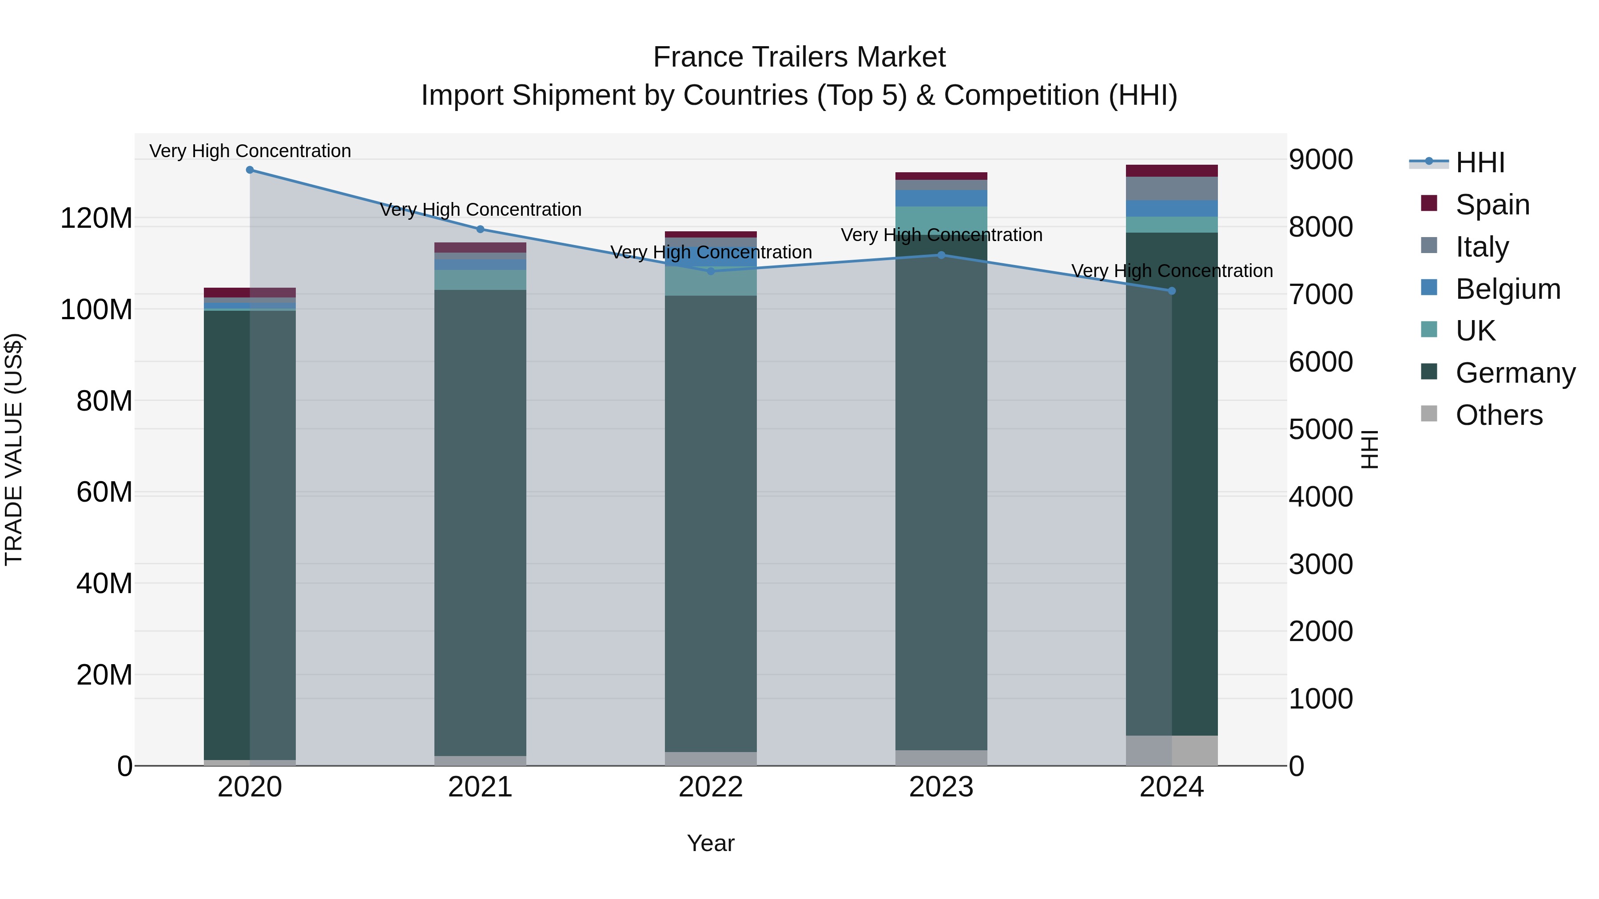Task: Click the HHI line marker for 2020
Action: coord(250,170)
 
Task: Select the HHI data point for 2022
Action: coord(711,271)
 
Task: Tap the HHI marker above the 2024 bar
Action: coord(1171,291)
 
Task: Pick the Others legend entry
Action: coord(1499,415)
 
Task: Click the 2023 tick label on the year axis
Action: coord(941,787)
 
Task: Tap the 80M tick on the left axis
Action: coord(104,401)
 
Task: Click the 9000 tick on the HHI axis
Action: coord(1321,159)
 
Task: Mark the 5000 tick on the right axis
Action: coord(1321,429)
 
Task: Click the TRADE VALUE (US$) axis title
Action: coord(14,449)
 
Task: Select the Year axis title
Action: coord(711,843)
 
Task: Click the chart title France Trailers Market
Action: coord(799,57)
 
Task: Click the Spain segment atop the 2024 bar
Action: coord(1171,170)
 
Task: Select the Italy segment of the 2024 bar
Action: coord(1171,189)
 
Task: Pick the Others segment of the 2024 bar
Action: coord(1171,750)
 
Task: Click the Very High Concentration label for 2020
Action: coord(250,151)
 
